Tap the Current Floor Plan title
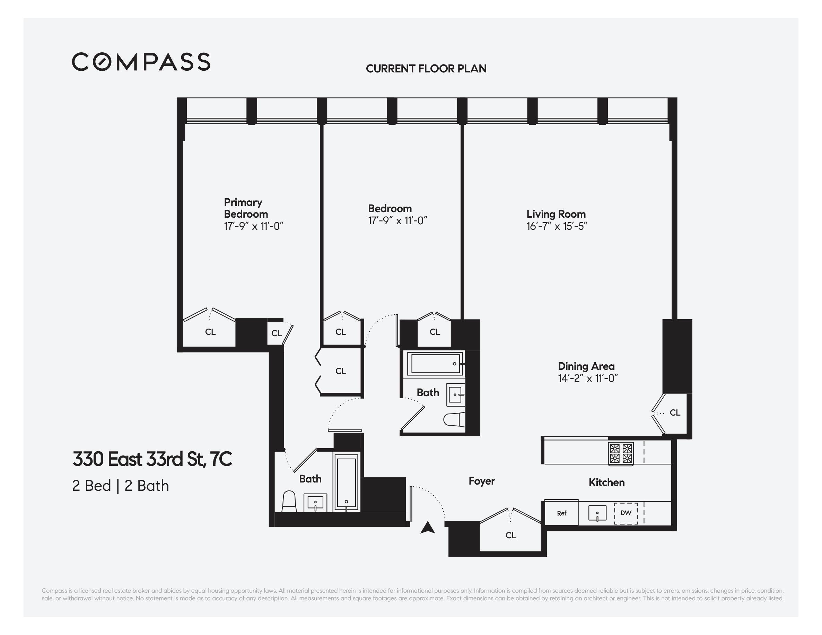pos(426,69)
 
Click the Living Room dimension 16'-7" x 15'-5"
pos(556,226)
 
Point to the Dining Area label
pos(586,366)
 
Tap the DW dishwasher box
pos(626,513)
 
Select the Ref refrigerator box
pos(561,513)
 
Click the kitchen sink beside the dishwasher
pos(597,513)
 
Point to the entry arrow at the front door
pos(428,528)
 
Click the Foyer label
pos(481,481)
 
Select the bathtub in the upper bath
pos(436,363)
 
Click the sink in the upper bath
pos(455,394)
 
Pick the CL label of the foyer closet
pos(510,535)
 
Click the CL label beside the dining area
pos(675,412)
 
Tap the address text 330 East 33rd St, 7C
pos(152,459)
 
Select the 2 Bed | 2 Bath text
pos(121,486)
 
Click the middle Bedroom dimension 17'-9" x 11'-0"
pos(397,220)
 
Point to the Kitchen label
pos(606,482)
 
